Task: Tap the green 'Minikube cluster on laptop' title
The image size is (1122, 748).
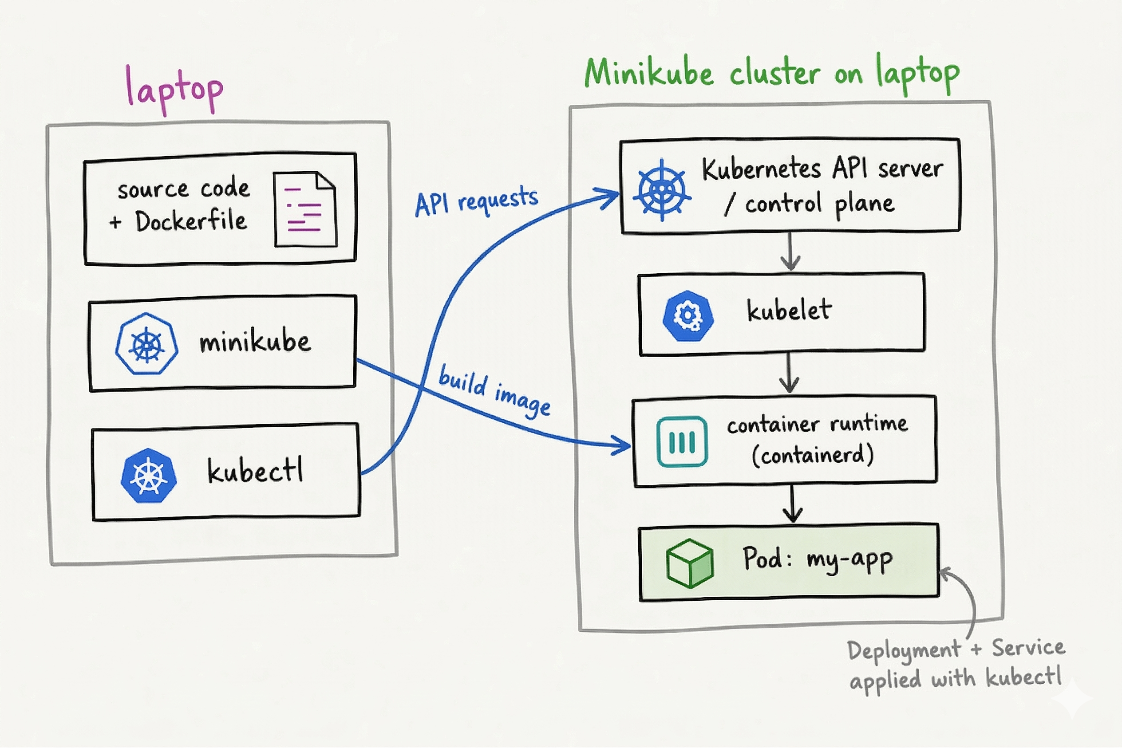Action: pyautogui.click(x=772, y=75)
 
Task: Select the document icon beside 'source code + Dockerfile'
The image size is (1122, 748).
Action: pyautogui.click(x=305, y=209)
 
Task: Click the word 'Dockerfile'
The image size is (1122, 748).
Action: pyautogui.click(x=191, y=221)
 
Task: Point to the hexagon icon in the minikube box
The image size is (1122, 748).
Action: pyautogui.click(x=146, y=343)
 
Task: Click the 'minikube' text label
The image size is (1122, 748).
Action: pyautogui.click(x=255, y=342)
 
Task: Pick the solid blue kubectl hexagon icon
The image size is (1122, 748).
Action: pyautogui.click(x=149, y=475)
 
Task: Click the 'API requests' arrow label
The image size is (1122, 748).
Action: pyautogui.click(x=476, y=201)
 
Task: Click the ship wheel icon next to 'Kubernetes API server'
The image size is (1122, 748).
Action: pyautogui.click(x=662, y=190)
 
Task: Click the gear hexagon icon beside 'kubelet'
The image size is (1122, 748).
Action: pyautogui.click(x=688, y=316)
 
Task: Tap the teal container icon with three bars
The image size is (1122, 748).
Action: pyautogui.click(x=682, y=441)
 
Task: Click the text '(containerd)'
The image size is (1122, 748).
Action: pyautogui.click(x=813, y=454)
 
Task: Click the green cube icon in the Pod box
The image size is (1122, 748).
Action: pyautogui.click(x=690, y=563)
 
